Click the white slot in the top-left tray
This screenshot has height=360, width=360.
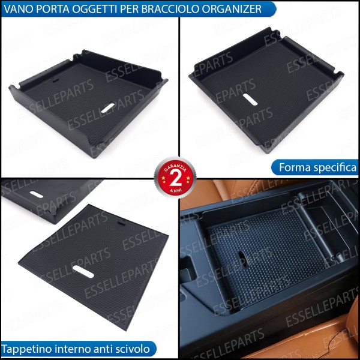click(107, 107)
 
